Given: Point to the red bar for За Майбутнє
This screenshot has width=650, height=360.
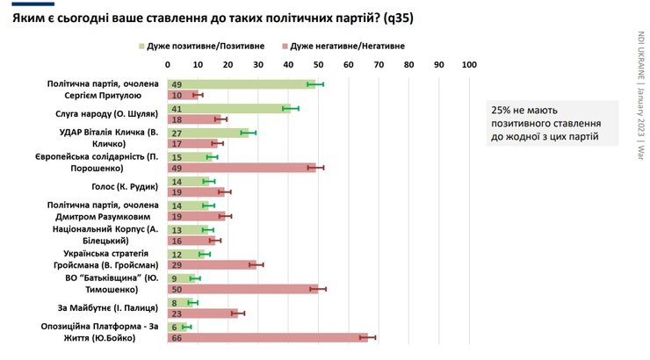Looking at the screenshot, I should (202, 313).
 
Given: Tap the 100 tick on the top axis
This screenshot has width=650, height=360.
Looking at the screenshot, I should (468, 64).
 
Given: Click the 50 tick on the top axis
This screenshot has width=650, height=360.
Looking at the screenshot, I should (318, 64).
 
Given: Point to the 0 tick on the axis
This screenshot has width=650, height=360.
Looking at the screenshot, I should (168, 64).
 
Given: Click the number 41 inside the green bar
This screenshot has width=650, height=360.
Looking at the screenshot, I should (177, 108).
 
